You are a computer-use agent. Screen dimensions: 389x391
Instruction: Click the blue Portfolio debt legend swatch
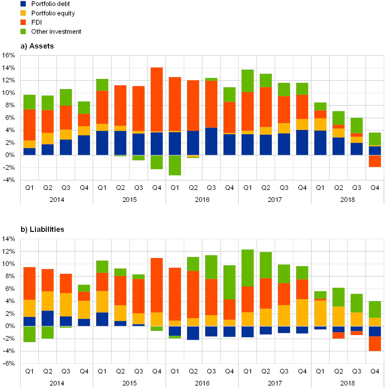point(23,4)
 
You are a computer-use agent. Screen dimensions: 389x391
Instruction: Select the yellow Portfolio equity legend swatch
point(23,13)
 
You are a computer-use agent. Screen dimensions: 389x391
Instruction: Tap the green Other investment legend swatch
point(23,31)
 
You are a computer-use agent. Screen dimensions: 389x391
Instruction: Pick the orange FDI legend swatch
point(23,22)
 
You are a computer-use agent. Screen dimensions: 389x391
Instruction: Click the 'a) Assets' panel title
point(37,46)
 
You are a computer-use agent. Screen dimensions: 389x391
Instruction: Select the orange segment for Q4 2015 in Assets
point(157,99)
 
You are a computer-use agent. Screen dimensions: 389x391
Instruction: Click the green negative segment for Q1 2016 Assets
point(175,165)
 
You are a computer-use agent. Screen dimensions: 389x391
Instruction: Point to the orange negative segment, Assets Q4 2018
point(375,161)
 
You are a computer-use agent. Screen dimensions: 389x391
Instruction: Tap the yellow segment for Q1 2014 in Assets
point(29,144)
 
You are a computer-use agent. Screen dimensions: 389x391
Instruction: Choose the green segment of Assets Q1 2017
point(248,81)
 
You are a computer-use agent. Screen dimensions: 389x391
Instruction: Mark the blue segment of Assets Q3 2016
point(211,141)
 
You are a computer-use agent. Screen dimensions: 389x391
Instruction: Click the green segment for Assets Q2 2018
point(338,118)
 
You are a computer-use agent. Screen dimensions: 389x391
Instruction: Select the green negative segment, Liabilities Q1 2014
point(29,334)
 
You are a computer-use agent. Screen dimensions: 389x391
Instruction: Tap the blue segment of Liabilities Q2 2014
point(48,318)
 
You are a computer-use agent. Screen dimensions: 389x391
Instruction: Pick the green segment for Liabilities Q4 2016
point(230,282)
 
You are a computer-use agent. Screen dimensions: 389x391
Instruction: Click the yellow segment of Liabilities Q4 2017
point(302,313)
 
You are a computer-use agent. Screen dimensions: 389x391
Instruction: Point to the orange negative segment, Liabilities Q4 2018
point(375,344)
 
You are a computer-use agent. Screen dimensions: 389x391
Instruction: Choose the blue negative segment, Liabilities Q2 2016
point(193,333)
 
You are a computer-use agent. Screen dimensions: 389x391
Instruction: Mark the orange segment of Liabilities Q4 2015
point(157,285)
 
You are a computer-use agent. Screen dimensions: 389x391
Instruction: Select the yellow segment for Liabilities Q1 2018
point(320,313)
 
